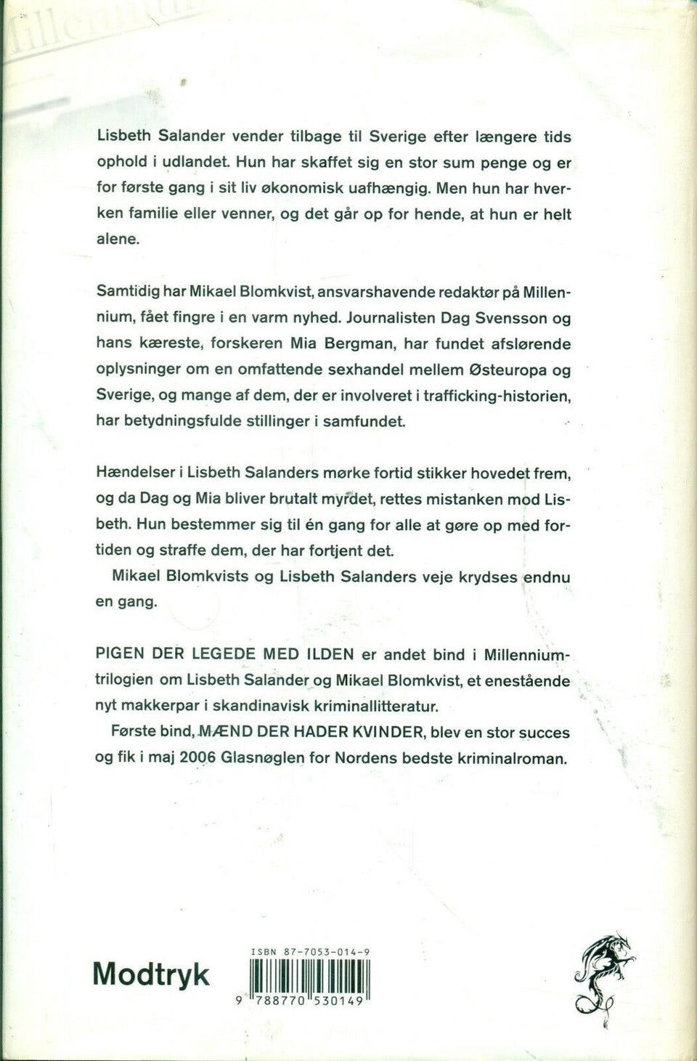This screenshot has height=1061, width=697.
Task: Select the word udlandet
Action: pos(193,163)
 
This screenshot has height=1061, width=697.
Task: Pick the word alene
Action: pos(117,240)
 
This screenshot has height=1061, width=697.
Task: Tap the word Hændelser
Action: pos(135,473)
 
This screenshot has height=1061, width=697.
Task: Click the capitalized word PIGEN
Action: pos(120,654)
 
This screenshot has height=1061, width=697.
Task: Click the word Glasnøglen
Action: pos(261,758)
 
